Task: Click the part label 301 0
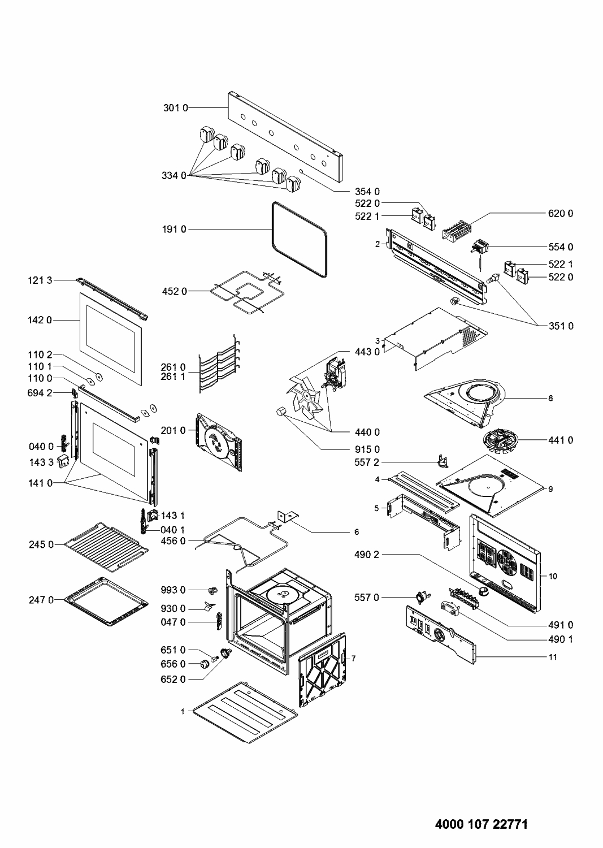point(175,107)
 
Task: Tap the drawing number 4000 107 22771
point(481,824)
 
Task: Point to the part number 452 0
point(175,291)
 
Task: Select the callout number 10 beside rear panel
point(553,576)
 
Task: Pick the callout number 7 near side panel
point(353,659)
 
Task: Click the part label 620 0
point(560,213)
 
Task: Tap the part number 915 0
point(367,449)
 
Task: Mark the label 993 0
point(173,590)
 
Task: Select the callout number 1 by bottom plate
point(183,711)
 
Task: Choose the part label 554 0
point(560,247)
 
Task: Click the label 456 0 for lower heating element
point(173,541)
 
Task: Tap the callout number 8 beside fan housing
point(550,398)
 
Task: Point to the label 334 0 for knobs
point(173,175)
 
